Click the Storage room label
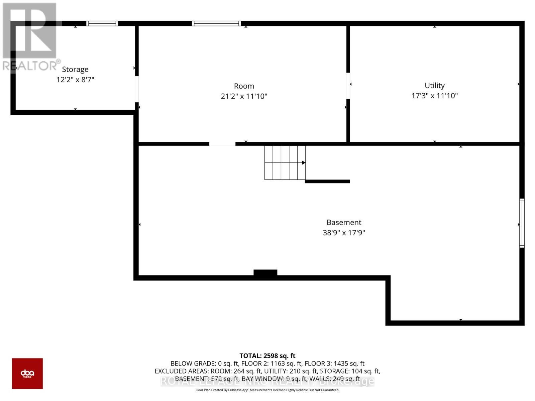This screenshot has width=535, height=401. (75, 70)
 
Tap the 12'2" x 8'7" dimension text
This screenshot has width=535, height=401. (75, 80)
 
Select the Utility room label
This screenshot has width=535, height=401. (434, 86)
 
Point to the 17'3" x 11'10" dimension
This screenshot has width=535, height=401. (434, 96)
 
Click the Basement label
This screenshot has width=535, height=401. (344, 223)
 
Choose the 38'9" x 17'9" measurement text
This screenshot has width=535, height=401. (344, 233)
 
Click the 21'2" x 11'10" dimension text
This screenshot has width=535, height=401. (244, 97)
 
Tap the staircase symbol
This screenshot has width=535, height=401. (284, 163)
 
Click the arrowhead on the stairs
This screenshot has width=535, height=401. (304, 163)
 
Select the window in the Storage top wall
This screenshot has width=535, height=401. (102, 23)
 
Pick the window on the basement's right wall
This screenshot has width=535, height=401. (522, 223)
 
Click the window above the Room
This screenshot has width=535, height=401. (216, 23)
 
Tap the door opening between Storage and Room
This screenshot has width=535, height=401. (137, 89)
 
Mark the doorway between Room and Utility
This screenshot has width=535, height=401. (348, 86)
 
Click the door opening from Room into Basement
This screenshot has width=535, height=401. (222, 144)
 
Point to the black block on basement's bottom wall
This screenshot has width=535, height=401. (265, 273)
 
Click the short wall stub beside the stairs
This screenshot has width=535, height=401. (327, 181)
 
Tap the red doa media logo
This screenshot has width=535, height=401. (27, 373)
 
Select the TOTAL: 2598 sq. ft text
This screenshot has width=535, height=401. (267, 356)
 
